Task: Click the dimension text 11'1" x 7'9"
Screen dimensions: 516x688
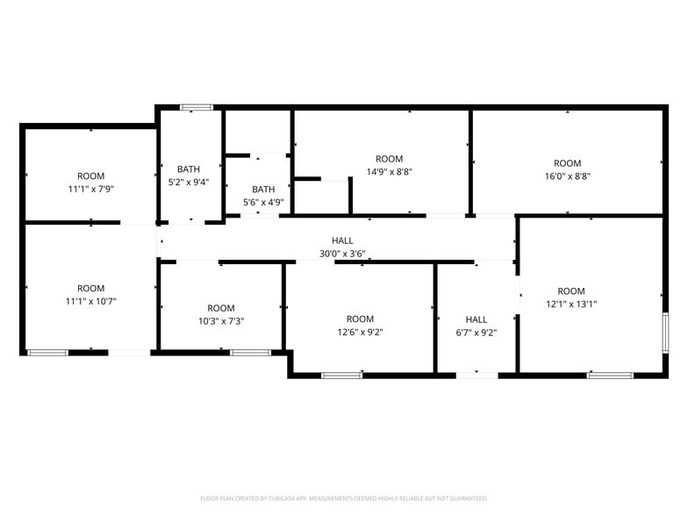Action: [91, 189]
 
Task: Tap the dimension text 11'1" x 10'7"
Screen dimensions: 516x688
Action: [91, 301]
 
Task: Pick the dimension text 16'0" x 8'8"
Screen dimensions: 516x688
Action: [567, 176]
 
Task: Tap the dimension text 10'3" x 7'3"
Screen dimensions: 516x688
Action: [221, 320]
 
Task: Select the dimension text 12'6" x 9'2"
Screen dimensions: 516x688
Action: [360, 332]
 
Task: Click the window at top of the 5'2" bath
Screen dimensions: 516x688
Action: [197, 108]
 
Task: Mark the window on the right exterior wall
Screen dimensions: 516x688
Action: [665, 333]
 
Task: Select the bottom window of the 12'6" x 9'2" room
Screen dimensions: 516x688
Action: [341, 376]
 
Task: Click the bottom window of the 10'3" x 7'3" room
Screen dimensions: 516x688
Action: [250, 353]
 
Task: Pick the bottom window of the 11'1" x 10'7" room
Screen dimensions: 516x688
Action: [47, 353]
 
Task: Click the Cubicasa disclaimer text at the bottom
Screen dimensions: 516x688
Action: [344, 498]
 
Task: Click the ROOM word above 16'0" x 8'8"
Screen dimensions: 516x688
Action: [567, 163]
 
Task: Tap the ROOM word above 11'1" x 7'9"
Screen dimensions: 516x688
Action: [91, 176]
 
